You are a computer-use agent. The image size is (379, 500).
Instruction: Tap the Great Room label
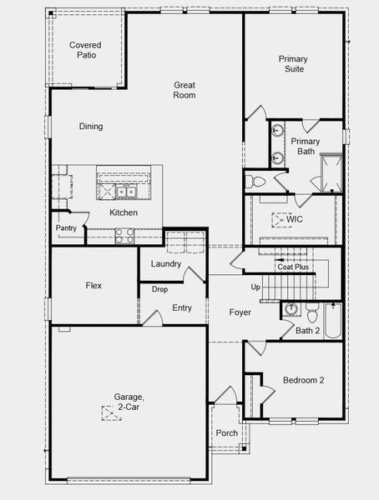[184, 90]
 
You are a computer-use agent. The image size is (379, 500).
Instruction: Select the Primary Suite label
[293, 63]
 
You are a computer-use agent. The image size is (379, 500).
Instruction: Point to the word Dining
[91, 127]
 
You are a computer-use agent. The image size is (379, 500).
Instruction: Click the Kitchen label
[124, 212]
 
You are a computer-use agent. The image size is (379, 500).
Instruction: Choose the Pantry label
[66, 228]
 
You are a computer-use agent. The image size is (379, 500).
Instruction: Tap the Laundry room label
[166, 264]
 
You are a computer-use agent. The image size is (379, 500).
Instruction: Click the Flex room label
[93, 286]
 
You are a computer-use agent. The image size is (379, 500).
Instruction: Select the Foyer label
[240, 312]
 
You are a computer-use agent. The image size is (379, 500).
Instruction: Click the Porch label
[227, 433]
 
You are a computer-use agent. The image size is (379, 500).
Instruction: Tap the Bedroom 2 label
[303, 380]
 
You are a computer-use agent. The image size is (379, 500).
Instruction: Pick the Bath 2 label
[308, 331]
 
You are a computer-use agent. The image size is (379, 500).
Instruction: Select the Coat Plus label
[293, 267]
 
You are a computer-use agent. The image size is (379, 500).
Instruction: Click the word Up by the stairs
[255, 287]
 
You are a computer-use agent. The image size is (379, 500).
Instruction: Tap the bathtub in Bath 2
[333, 320]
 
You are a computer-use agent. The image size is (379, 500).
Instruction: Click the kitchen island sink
[127, 192]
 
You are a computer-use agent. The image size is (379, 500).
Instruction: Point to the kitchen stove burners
[124, 236]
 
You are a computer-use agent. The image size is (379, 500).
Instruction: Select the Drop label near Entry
[159, 289]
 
